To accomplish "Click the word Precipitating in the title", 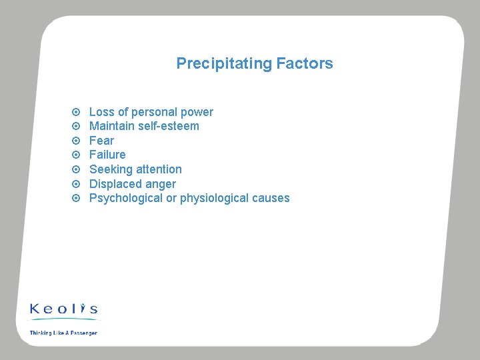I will click(x=223, y=64).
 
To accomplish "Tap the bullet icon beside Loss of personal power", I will click(x=76, y=112).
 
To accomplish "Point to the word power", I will click(x=197, y=112).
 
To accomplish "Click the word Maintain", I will click(x=111, y=126).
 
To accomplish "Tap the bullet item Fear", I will click(x=101, y=141).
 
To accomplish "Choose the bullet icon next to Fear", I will click(x=76, y=141).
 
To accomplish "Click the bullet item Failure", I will click(x=107, y=155).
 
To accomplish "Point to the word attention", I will click(x=159, y=169).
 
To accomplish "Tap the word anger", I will click(x=161, y=184).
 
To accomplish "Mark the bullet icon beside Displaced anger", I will click(x=76, y=184).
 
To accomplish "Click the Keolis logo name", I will click(x=64, y=309).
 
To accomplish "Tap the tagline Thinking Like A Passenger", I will click(x=63, y=333).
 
